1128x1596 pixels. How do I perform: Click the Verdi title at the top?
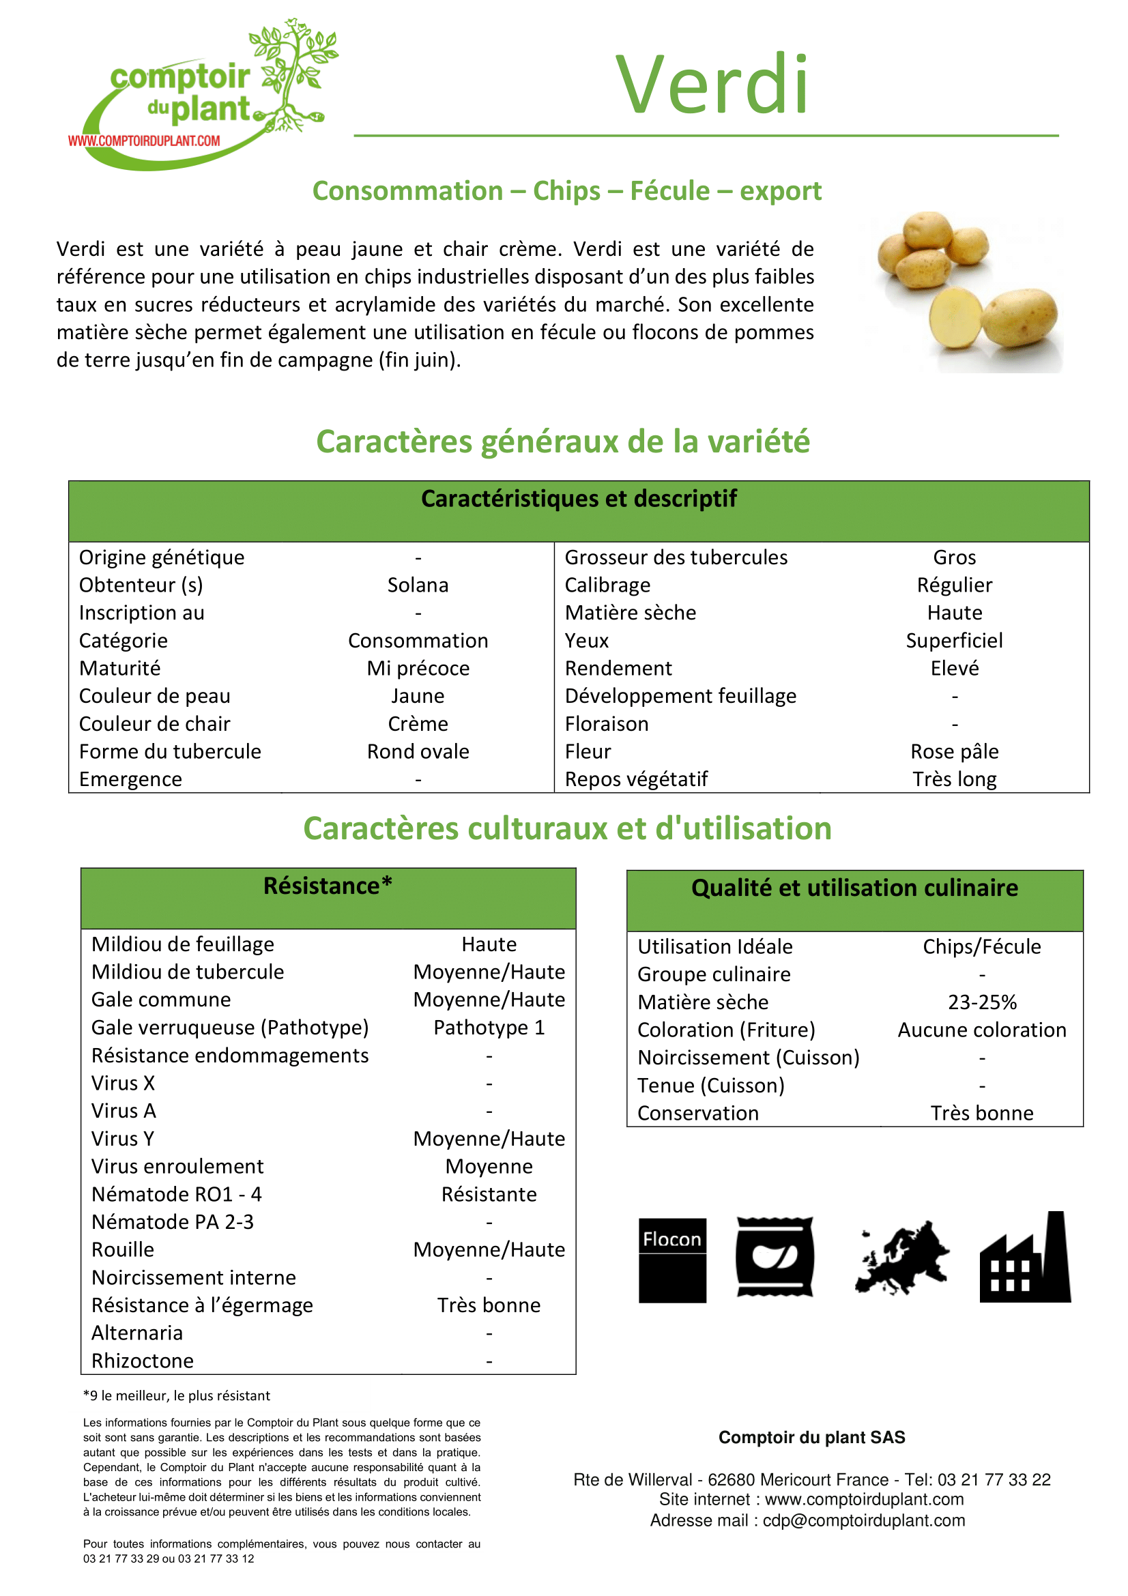pyautogui.click(x=712, y=85)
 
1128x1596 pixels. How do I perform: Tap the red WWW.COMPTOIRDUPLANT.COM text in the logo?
pyautogui.click(x=144, y=141)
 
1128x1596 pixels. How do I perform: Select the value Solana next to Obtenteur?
pyautogui.click(x=418, y=585)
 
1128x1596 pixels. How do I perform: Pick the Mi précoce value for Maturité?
pyautogui.click(x=418, y=669)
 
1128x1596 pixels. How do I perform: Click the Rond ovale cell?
pyautogui.click(x=418, y=752)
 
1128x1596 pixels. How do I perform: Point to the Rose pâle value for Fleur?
pyautogui.click(x=954, y=752)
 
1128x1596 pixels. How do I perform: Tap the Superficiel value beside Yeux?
pyautogui.click(x=954, y=641)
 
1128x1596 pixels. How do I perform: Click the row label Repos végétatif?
pyautogui.click(x=636, y=780)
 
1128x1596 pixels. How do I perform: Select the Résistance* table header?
pyautogui.click(x=328, y=886)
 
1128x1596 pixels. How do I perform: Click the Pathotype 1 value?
pyautogui.click(x=489, y=1028)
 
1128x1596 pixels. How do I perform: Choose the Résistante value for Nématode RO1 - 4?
pyautogui.click(x=489, y=1195)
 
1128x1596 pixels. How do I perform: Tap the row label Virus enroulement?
pyautogui.click(x=177, y=1167)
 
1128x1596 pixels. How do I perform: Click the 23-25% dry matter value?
pyautogui.click(x=982, y=1002)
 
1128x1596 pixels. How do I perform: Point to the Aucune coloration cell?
pyautogui.click(x=982, y=1030)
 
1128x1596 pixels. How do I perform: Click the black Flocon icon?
pyautogui.click(x=672, y=1260)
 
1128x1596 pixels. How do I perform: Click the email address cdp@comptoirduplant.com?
pyautogui.click(x=864, y=1521)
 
